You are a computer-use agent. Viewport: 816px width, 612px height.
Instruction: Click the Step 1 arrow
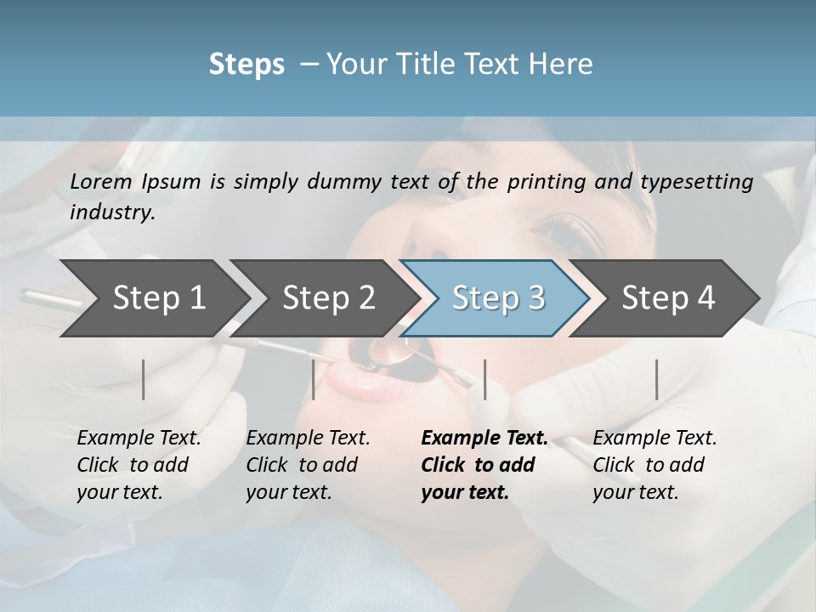[x=159, y=298]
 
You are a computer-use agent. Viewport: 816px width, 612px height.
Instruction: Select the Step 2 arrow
[x=328, y=298]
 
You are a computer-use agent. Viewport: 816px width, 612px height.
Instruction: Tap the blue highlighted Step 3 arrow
[x=498, y=298]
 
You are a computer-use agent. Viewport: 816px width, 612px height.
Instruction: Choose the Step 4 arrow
[x=668, y=298]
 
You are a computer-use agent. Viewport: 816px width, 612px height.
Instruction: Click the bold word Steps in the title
[x=246, y=65]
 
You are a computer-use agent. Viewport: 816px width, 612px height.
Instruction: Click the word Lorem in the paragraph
[x=100, y=182]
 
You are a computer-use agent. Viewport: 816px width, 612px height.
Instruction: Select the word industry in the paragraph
[x=112, y=212]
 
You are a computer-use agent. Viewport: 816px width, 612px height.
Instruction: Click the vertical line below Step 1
[x=144, y=379]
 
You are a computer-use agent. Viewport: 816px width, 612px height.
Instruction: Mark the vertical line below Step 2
[x=314, y=379]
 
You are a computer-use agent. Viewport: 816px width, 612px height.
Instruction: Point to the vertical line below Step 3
[x=484, y=379]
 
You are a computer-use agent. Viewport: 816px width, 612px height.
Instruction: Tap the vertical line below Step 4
[x=656, y=379]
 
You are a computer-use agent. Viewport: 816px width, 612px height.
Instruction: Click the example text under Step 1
[x=139, y=465]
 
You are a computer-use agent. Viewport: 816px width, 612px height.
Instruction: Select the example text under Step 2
[x=308, y=465]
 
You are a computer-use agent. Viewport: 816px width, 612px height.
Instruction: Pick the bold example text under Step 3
[x=484, y=465]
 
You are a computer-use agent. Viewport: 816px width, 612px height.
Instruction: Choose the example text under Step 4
[x=654, y=465]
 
